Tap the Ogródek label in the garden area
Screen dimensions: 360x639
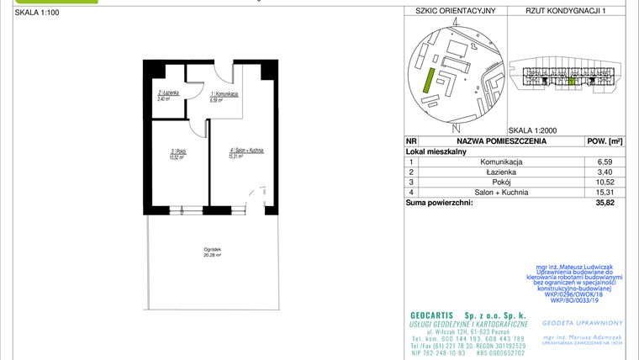(212, 251)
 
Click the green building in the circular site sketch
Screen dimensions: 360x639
(428, 82)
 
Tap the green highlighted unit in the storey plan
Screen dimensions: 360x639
(573, 82)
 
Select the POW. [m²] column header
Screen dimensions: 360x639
(604, 141)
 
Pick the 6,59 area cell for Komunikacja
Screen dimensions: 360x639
(604, 161)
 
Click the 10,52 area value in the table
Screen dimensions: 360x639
(604, 182)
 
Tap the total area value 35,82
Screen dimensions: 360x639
(604, 202)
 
